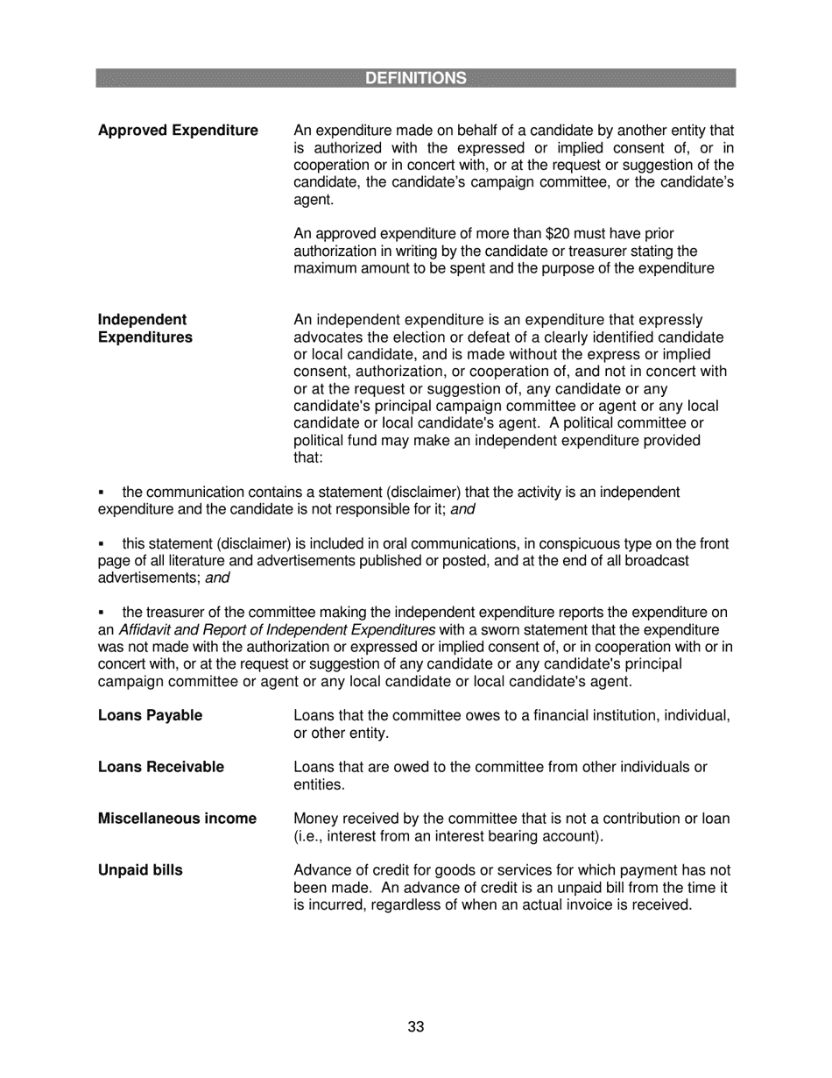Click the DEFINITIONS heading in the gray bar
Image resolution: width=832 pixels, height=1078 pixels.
point(415,78)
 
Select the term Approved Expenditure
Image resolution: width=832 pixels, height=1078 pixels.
point(178,131)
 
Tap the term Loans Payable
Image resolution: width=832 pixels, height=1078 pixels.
point(150,715)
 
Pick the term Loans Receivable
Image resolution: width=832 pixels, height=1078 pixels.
point(160,767)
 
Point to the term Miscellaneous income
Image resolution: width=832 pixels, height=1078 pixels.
point(177,819)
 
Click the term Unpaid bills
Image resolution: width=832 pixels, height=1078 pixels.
point(140,870)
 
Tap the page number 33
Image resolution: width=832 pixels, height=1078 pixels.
point(415,1027)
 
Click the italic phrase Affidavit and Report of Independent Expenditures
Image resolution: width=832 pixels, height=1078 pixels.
point(277,630)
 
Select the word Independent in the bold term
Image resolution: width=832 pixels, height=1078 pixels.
point(142,320)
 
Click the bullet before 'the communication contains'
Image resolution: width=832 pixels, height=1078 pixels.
point(102,493)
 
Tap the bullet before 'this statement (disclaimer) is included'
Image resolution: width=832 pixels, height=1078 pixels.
point(102,545)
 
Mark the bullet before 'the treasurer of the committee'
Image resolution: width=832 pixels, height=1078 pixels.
point(102,613)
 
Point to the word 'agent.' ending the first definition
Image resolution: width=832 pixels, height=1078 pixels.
point(314,200)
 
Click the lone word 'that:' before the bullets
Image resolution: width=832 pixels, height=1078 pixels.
point(308,457)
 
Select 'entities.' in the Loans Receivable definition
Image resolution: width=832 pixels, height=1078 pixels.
point(319,784)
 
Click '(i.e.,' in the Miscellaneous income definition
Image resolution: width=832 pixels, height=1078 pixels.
point(311,836)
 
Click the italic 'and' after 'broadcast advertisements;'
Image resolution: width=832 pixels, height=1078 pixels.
point(217,578)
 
